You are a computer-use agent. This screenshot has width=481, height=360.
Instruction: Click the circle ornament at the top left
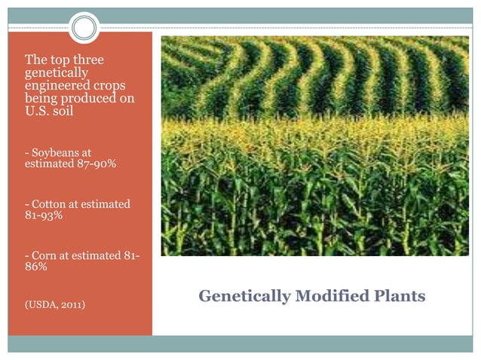(85, 28)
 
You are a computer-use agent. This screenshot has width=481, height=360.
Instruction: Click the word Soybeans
(52, 153)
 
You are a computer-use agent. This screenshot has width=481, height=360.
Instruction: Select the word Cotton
(46, 204)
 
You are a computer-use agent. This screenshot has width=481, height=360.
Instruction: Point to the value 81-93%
(43, 215)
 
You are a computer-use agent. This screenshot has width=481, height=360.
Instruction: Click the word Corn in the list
(42, 255)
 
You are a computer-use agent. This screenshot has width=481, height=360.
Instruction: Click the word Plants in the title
(398, 296)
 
